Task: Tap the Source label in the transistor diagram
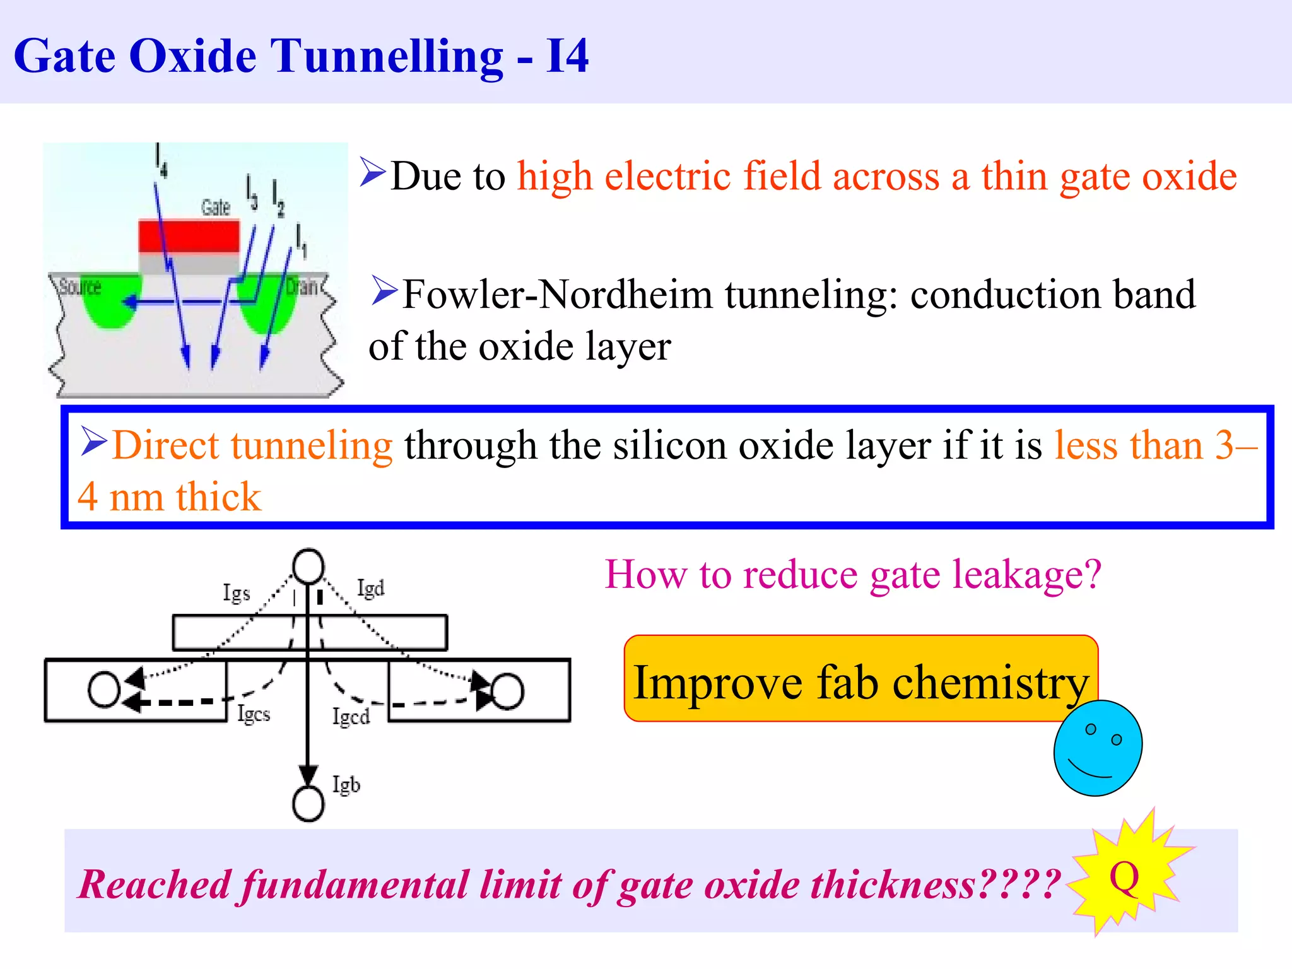pos(80,288)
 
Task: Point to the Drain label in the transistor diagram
pos(302,287)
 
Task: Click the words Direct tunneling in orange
pos(252,445)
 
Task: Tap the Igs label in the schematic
pos(237,593)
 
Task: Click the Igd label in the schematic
pos(370,588)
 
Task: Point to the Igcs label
pos(254,714)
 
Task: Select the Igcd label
pos(351,717)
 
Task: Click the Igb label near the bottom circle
pos(346,784)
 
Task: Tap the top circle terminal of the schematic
pos(308,565)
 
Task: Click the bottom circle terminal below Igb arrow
pos(308,804)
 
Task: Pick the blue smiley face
pos(1098,748)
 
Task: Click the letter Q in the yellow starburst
pos(1124,877)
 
